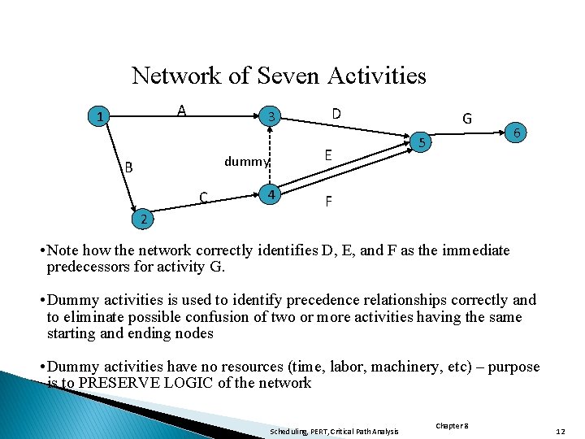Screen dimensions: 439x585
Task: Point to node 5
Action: (x=421, y=144)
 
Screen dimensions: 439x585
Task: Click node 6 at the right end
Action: (x=518, y=132)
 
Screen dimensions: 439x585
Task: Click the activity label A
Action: (x=183, y=111)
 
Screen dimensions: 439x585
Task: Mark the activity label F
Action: (x=328, y=200)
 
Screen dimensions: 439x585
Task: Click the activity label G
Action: (x=467, y=118)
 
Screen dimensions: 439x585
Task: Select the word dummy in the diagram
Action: (x=246, y=161)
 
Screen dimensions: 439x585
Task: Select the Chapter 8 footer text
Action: (x=453, y=425)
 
